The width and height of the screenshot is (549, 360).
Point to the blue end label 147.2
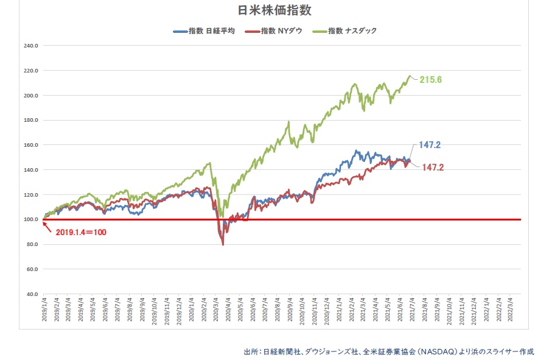click(430, 145)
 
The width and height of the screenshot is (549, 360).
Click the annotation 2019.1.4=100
click(81, 233)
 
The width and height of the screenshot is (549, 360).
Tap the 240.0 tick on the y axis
click(30, 46)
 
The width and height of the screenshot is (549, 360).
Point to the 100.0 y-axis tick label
click(30, 219)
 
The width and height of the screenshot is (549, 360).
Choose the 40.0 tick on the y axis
click(32, 294)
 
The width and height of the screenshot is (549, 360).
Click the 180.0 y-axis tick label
click(30, 120)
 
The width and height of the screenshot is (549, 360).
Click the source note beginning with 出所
click(388, 351)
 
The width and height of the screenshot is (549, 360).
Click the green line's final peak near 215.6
click(410, 76)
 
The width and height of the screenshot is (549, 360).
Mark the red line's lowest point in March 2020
click(223, 244)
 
